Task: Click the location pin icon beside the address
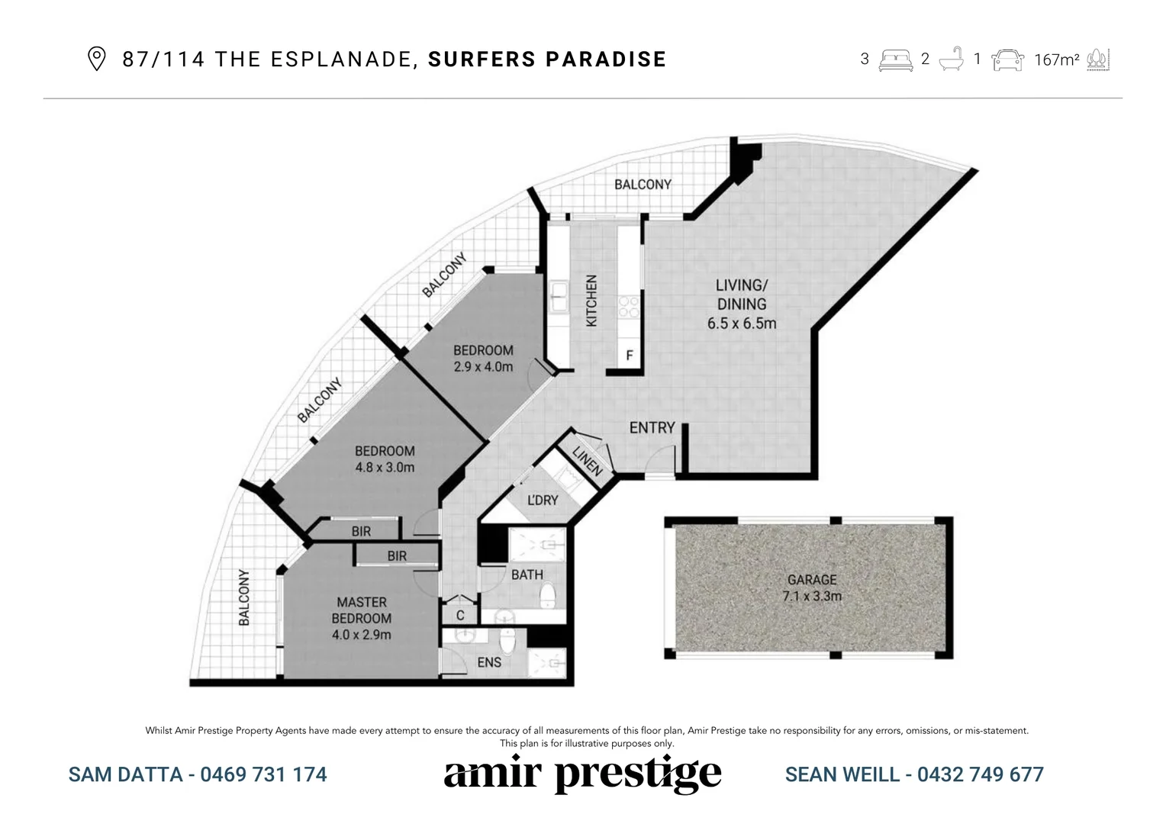96,59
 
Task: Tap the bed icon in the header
895,60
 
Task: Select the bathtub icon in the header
951,59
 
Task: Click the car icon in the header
1007,60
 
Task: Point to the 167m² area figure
1056,60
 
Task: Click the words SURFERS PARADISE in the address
547,59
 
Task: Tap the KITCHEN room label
591,301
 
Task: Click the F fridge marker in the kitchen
630,356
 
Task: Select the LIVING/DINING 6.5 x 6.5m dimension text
742,323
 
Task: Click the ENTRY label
652,428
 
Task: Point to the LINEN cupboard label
588,462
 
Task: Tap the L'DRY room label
543,501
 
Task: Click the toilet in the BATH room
547,593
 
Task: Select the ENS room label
489,661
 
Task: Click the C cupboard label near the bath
460,616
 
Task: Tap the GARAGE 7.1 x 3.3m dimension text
812,596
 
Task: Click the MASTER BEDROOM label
362,610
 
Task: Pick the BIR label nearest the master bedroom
397,556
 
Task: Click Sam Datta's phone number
263,774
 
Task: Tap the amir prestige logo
582,774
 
